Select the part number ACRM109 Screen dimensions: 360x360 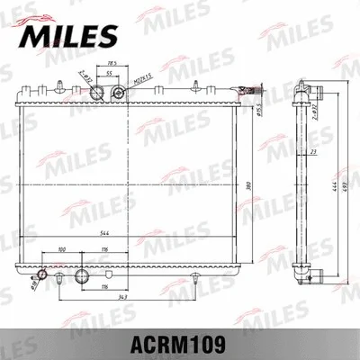pos(179,343)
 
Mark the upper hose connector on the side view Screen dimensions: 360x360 pos(317,93)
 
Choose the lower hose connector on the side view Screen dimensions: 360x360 pos(315,274)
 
